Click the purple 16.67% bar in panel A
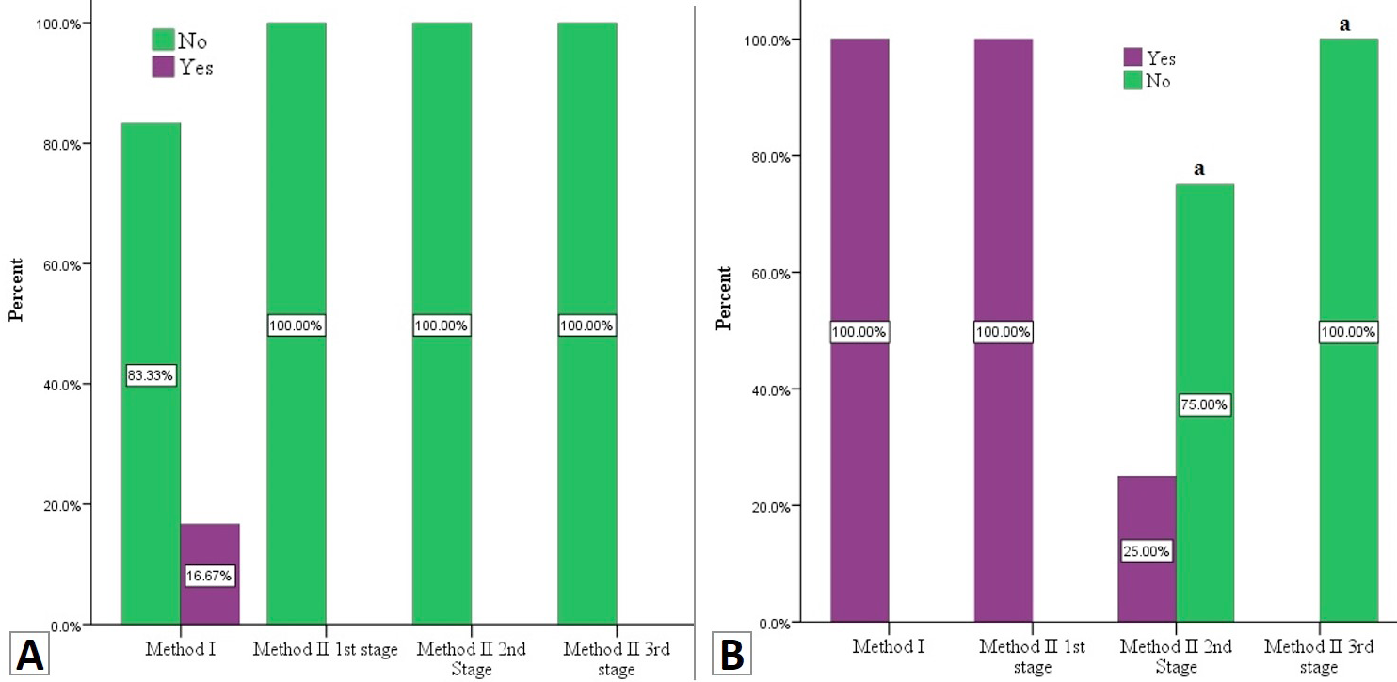(210, 574)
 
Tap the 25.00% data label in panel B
(1146, 551)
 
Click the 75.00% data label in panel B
(1204, 404)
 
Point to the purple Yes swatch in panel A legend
(163, 67)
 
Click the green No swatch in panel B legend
(1132, 80)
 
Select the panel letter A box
(29, 654)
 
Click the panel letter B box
(731, 654)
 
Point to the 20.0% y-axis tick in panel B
(771, 507)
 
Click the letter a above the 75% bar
(1198, 168)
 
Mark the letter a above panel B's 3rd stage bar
(1344, 24)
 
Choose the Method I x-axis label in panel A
(180, 649)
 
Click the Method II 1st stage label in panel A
(325, 649)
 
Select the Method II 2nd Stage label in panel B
(1176, 657)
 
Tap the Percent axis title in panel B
(723, 298)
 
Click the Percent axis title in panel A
(16, 290)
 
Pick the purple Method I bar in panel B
(859, 330)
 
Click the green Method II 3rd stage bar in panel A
(586, 324)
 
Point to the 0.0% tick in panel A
(66, 626)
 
